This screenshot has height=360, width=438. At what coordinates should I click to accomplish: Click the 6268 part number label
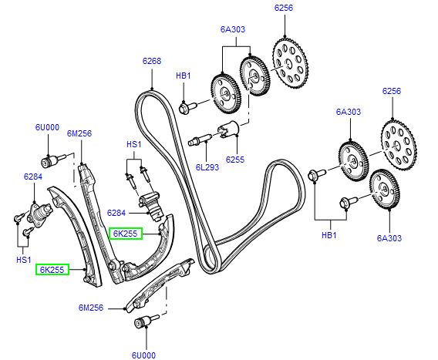[152, 61]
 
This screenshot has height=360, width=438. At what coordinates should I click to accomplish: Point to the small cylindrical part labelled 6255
[227, 130]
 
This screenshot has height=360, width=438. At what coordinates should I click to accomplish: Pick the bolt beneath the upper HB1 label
[186, 107]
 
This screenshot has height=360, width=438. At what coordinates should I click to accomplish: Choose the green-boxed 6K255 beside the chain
[125, 234]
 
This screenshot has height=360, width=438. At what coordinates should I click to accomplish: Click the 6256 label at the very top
[284, 8]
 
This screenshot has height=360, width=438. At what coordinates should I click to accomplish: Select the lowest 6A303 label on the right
[389, 238]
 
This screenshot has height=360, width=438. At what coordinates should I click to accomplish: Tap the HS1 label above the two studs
[134, 144]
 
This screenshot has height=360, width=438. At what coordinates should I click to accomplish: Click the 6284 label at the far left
[32, 177]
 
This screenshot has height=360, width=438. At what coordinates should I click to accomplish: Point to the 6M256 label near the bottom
[91, 308]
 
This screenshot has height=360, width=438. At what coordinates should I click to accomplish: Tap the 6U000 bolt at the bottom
[143, 322]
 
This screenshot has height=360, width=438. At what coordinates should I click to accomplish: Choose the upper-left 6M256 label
[79, 133]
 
